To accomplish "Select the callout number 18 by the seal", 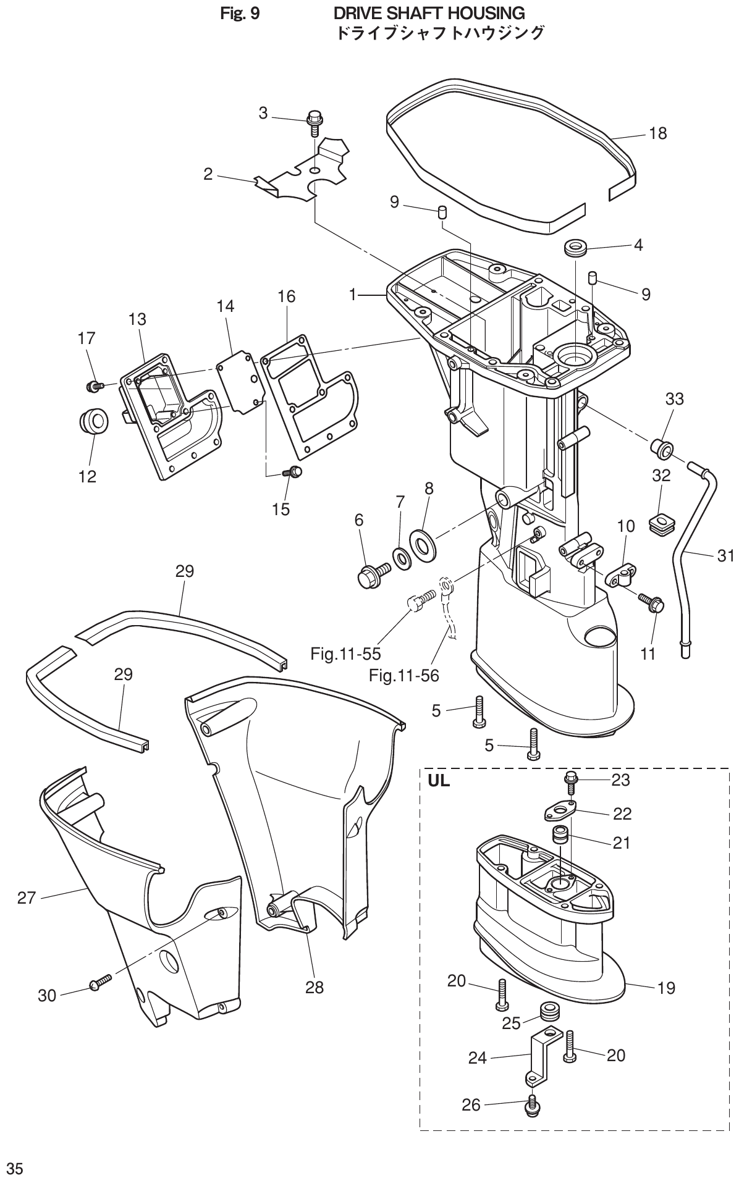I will pyautogui.click(x=658, y=133).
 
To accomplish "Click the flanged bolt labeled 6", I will pyautogui.click(x=372, y=573).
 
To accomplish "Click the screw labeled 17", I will pyautogui.click(x=95, y=386).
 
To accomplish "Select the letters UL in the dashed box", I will pyautogui.click(x=439, y=781).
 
